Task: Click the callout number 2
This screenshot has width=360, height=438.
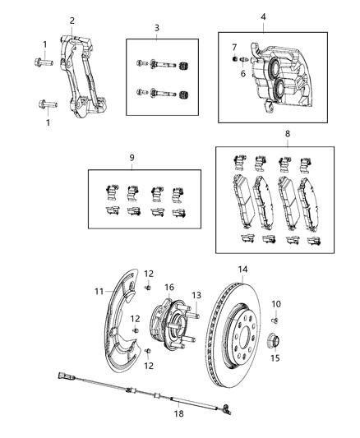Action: [72, 21]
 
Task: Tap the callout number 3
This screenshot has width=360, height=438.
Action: [156, 28]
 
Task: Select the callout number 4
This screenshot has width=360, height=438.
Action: [262, 16]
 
